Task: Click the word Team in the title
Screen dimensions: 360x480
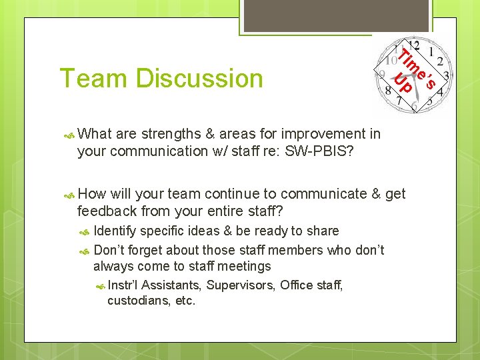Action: (x=93, y=79)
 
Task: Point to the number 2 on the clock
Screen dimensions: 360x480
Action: (x=440, y=61)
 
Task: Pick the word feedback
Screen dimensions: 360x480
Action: (x=109, y=211)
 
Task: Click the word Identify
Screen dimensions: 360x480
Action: (x=117, y=231)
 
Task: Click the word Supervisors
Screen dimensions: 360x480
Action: (x=240, y=285)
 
